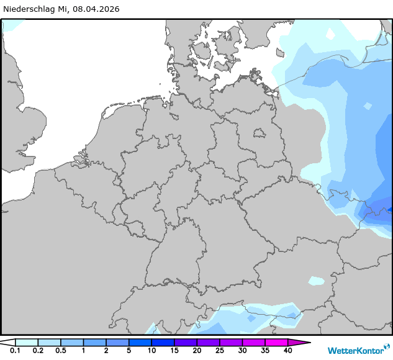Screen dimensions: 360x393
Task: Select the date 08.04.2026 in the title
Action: click(97, 9)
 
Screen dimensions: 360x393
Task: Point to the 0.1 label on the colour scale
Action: click(15, 351)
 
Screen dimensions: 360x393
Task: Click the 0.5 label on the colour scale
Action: click(60, 351)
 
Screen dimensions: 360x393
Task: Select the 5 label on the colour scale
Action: click(129, 351)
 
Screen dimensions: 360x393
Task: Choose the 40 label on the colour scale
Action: click(287, 351)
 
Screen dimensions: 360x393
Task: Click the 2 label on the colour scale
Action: click(106, 351)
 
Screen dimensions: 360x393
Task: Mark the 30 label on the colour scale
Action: click(242, 351)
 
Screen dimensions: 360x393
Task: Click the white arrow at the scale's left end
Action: click(7, 342)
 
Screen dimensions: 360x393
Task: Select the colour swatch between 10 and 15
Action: click(163, 342)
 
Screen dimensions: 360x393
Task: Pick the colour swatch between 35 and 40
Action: click(276, 342)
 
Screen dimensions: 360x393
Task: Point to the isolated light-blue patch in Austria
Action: click(316, 281)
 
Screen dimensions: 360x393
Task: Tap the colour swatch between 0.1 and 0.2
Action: click(26, 342)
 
